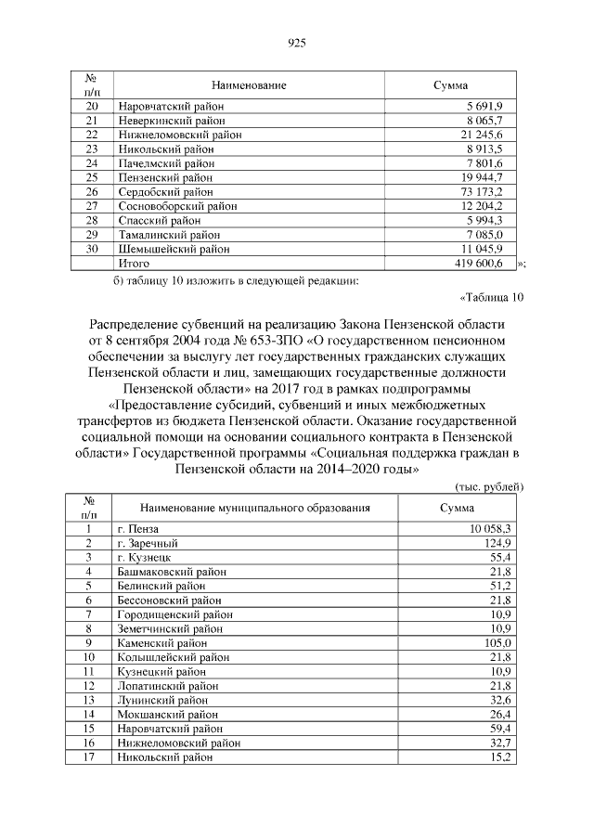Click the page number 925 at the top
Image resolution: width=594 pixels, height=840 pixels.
pos(297,43)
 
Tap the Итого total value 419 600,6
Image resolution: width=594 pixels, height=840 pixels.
pos(478,264)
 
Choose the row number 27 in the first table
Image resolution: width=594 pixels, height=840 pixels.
pos(91,206)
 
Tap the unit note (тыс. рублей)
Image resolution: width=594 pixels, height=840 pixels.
pos(489,486)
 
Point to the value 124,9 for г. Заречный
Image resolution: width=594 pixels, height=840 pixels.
pos(497,542)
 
